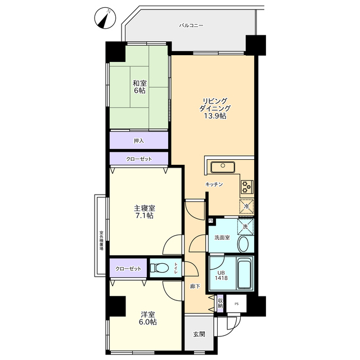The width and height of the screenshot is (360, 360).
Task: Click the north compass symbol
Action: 105,18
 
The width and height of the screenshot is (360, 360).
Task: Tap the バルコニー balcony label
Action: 191,25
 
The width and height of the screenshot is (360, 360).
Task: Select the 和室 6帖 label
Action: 139,87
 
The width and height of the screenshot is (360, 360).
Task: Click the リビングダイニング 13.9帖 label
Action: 215,109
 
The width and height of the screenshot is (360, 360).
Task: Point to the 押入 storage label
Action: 139,141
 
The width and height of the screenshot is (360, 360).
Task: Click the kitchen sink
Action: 223,167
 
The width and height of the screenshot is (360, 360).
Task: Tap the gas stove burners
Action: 247,187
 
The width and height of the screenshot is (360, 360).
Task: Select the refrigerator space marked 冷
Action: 246,206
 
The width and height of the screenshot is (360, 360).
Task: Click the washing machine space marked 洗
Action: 245,227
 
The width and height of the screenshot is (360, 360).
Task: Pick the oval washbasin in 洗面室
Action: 243,244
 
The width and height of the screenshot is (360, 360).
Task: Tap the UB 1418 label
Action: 221,275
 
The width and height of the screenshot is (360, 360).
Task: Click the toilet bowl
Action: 159,268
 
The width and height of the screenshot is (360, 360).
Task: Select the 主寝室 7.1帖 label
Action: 144,212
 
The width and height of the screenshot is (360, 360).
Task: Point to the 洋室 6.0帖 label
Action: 148,318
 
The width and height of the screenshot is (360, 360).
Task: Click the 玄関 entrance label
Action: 199,334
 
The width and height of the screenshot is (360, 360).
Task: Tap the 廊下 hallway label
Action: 195,286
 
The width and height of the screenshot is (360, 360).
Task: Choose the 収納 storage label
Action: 220,303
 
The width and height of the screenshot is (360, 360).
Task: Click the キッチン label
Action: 214,184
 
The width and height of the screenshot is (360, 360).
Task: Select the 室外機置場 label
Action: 101,240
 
